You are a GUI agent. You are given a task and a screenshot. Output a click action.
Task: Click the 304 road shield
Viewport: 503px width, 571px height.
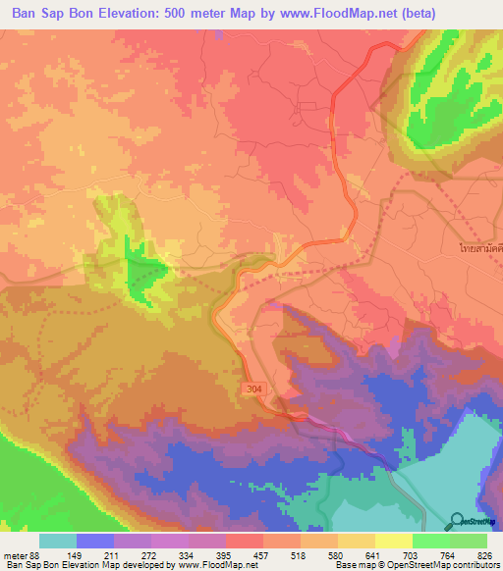pyautogui.click(x=253, y=389)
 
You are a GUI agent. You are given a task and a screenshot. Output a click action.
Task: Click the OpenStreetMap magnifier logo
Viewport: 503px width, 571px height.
pyautogui.click(x=458, y=521)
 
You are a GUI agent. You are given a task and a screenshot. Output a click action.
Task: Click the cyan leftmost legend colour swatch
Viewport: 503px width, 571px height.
pyautogui.click(x=58, y=541)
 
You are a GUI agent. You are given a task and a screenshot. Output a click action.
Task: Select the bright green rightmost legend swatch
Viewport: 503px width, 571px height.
pyautogui.click(x=469, y=541)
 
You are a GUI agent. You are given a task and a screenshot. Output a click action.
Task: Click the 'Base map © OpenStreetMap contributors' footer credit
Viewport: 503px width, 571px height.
pyautogui.click(x=416, y=565)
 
